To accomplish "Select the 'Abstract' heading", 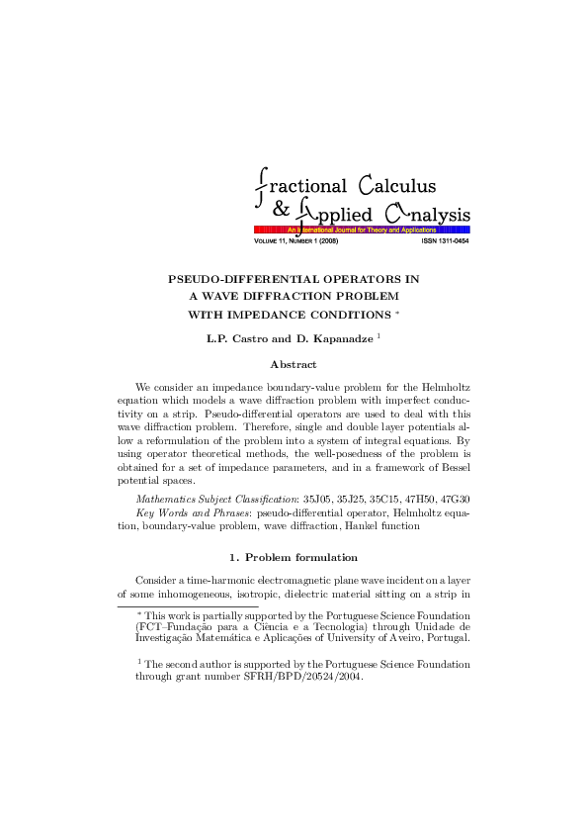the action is coord(294,364).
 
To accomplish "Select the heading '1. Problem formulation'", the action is coord(294,557).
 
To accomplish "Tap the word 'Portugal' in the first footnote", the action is coord(445,638).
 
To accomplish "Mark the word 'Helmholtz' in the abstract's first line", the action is coord(446,385).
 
